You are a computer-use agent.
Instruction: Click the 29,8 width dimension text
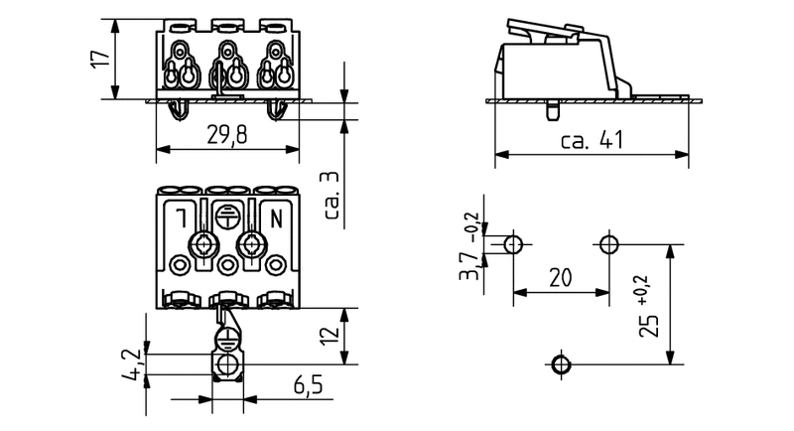(228, 136)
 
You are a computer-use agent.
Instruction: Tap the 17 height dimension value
(96, 58)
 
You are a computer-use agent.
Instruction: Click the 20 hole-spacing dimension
(560, 279)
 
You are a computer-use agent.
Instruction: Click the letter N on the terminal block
(275, 214)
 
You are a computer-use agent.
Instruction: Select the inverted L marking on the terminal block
(183, 214)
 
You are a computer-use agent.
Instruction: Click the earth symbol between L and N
(228, 213)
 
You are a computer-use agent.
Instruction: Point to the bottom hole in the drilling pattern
(561, 364)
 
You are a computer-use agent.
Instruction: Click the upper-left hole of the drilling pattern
(513, 244)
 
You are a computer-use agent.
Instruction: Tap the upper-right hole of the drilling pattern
(608, 244)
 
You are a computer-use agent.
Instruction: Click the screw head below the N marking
(251, 244)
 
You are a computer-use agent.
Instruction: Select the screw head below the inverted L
(205, 244)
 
